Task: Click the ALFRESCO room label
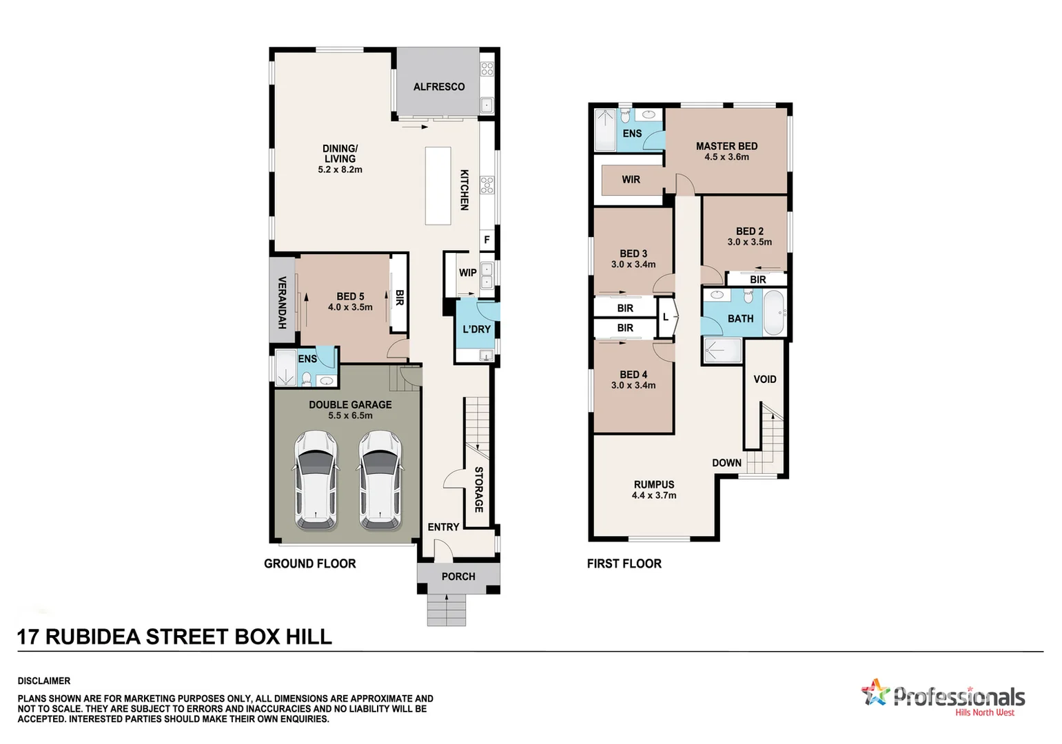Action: (x=439, y=87)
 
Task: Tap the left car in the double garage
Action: (x=317, y=480)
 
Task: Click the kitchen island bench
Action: (x=438, y=185)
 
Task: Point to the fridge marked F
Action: (x=487, y=240)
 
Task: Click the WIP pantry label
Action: (x=468, y=273)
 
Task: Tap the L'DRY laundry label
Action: (x=476, y=329)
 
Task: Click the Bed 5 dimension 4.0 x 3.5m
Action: (x=350, y=307)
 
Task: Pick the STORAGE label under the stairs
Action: (x=479, y=489)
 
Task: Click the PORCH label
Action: (x=458, y=577)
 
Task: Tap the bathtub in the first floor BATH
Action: (x=774, y=313)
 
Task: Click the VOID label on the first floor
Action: (x=765, y=380)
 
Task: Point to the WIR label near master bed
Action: (x=631, y=180)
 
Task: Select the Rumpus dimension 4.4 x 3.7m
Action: (x=654, y=495)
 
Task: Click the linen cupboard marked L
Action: (x=666, y=317)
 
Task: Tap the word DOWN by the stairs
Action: (x=727, y=463)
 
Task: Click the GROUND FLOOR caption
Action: (x=310, y=564)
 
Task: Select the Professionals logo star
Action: (x=875, y=692)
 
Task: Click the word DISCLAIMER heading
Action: (x=44, y=681)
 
